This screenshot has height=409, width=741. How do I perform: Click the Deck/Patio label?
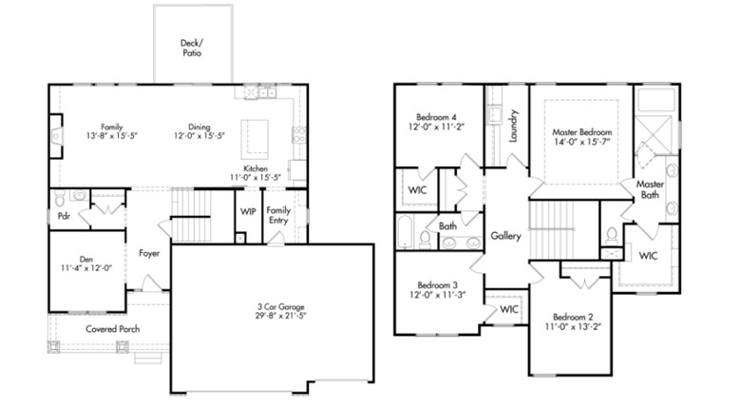point(192,48)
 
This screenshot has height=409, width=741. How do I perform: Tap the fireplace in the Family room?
point(56,136)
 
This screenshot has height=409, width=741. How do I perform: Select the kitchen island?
point(255,139)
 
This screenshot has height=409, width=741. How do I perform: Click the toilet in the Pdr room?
point(60,200)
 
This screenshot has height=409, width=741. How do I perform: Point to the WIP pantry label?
point(248,211)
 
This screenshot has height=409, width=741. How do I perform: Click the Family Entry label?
point(278,215)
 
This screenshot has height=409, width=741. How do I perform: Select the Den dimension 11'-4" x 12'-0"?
point(86,268)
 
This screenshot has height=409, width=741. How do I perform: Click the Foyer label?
point(149,253)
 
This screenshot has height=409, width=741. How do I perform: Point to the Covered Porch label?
point(112,329)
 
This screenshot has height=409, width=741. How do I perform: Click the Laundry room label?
point(514,126)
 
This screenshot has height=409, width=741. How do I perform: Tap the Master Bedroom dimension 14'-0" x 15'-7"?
point(581,142)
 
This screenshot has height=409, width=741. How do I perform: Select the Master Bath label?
point(650,189)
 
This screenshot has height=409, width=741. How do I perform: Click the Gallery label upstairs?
point(505,236)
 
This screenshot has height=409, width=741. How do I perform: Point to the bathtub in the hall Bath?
point(405,232)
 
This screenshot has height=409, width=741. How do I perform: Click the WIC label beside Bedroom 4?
point(417,190)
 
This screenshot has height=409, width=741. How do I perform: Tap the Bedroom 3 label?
point(438,285)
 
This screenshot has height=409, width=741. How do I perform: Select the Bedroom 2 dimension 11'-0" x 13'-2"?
point(573,326)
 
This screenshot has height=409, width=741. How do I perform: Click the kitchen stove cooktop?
point(298,135)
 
